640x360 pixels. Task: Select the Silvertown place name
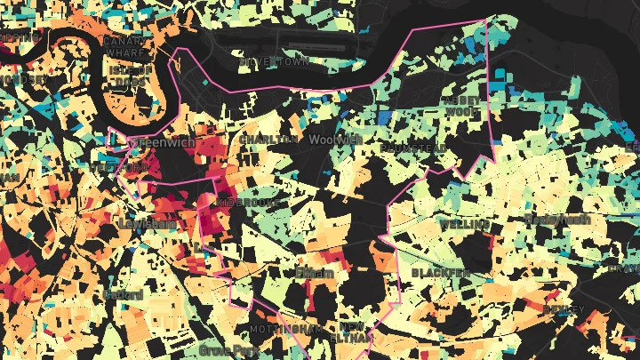[x=272, y=62]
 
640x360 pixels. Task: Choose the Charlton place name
[x=268, y=140]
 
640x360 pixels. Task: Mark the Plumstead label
[x=412, y=148]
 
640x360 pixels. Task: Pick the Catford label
[x=123, y=294]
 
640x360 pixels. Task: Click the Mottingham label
[x=285, y=329]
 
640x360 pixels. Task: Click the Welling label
[x=464, y=225]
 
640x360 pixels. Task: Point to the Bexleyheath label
[x=556, y=219]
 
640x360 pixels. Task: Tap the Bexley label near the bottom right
[x=564, y=309]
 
